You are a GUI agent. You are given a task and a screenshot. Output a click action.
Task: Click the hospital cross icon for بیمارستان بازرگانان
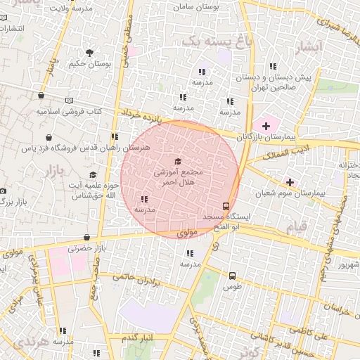pos(265,125)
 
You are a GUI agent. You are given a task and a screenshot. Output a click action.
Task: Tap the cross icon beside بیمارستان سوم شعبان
pos(290,182)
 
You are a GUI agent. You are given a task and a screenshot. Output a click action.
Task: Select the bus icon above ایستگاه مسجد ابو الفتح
pos(225,206)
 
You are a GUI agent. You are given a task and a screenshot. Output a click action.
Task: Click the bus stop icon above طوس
pos(232,276)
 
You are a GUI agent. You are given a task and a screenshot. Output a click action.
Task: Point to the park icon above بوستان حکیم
pos(89,53)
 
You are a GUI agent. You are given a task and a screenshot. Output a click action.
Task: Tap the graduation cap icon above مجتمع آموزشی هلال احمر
pos(177,162)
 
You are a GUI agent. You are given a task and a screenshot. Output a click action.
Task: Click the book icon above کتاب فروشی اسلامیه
pos(68,101)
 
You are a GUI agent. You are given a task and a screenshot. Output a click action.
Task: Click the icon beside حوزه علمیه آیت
pos(92,175)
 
